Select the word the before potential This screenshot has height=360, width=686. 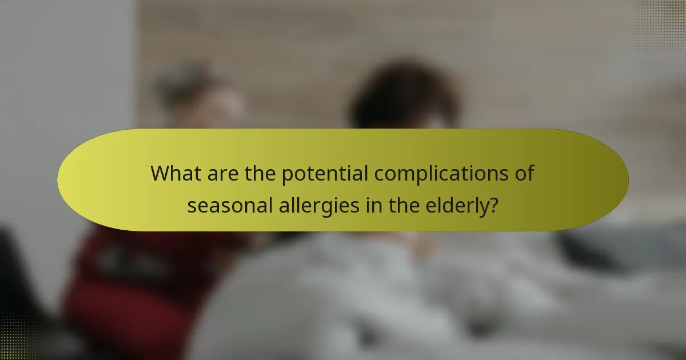pyautogui.click(x=260, y=173)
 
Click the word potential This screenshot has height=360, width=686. pyautogui.click(x=325, y=174)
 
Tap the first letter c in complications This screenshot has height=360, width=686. pyautogui.click(x=380, y=174)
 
